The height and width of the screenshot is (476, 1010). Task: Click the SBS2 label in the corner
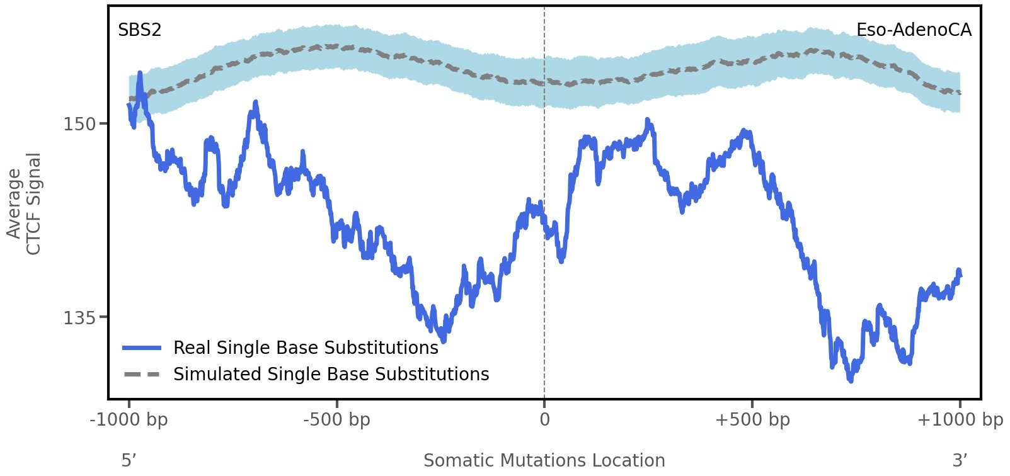click(139, 30)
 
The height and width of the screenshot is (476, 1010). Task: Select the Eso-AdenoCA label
click(913, 30)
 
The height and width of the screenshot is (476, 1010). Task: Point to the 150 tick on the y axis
click(80, 124)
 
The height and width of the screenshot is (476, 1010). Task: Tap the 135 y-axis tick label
click(80, 318)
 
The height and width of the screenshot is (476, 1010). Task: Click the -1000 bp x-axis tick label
click(129, 419)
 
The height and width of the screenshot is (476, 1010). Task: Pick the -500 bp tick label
click(336, 419)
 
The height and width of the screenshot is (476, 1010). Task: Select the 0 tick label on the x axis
click(544, 419)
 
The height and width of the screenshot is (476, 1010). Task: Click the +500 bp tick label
click(752, 419)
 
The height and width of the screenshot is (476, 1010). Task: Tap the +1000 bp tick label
click(959, 419)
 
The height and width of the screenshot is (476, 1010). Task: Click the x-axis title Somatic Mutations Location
click(544, 460)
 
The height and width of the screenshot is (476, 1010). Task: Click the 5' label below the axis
click(129, 460)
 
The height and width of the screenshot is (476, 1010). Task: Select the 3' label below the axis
click(959, 460)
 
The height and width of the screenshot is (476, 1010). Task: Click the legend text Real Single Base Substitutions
click(306, 348)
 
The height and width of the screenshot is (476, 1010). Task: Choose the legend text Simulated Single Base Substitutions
click(331, 374)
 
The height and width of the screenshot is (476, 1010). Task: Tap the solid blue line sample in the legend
click(142, 348)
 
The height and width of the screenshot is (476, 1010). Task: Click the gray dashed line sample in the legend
click(142, 374)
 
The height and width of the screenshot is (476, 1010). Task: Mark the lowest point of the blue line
click(851, 380)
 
